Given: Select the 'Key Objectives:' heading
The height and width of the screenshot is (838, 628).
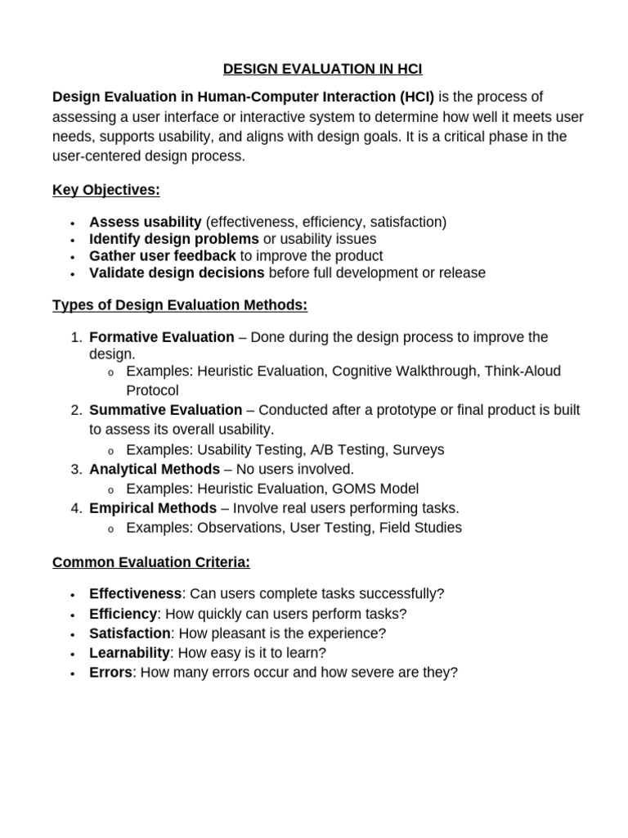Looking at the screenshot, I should click(106, 190).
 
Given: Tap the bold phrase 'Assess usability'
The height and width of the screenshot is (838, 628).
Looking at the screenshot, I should click(146, 222).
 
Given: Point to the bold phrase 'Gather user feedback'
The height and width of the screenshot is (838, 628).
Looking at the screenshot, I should click(163, 255).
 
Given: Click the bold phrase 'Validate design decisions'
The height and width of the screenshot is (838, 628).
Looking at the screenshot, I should click(177, 273).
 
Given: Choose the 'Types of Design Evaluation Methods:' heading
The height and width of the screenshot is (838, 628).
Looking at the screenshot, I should click(180, 305).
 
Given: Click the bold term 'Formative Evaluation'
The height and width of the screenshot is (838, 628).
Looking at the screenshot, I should click(161, 337).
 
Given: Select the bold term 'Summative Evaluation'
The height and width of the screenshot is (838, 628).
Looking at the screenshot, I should click(165, 410).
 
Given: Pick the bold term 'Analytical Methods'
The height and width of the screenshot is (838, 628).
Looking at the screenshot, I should click(155, 469).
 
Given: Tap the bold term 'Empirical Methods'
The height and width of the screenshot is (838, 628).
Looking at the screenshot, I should click(153, 508).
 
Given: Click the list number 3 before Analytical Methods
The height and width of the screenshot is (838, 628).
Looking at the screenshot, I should click(75, 469).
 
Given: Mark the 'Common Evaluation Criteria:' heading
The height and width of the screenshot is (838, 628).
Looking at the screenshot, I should click(151, 562).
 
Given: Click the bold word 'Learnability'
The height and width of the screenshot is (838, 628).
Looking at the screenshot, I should click(129, 652).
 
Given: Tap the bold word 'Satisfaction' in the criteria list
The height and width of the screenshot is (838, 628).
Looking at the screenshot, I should click(130, 633).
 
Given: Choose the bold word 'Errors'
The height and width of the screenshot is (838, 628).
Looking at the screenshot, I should click(110, 672).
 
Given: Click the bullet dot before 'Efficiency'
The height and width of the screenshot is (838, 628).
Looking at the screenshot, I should click(73, 615).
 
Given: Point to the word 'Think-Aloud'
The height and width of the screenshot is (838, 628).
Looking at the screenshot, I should click(523, 371).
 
